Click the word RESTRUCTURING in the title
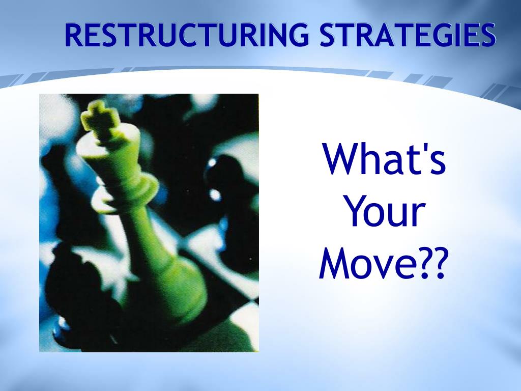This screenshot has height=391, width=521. coord(186,36)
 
